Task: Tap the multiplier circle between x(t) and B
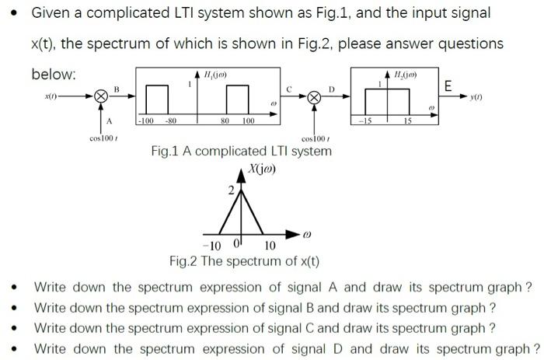click(x=100, y=99)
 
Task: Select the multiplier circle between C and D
click(x=315, y=99)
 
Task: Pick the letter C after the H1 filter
click(x=290, y=89)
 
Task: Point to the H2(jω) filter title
click(x=406, y=74)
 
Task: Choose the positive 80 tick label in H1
click(x=225, y=121)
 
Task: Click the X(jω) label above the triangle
click(x=263, y=169)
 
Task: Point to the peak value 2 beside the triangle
click(x=230, y=190)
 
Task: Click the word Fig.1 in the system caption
click(x=166, y=151)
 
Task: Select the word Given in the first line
click(x=51, y=13)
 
